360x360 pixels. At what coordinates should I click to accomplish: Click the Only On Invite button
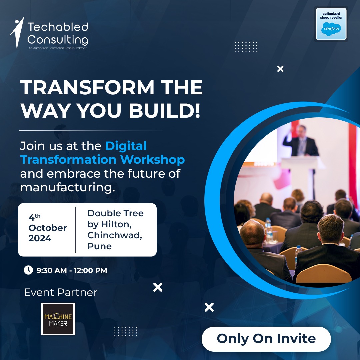tap(266, 339)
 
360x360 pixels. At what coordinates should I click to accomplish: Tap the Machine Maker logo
tap(58, 319)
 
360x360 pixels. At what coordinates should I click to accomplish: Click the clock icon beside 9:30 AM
tap(28, 270)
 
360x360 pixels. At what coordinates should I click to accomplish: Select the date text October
tap(48, 228)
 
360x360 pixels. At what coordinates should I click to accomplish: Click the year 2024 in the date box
tap(40, 238)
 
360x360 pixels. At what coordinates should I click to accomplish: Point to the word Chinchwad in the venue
tap(115, 235)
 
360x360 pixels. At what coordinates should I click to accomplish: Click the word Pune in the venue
tap(99, 246)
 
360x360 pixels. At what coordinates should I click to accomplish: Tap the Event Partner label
tap(61, 292)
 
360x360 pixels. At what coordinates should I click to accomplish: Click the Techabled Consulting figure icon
tap(17, 32)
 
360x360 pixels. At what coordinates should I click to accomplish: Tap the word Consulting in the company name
tap(57, 40)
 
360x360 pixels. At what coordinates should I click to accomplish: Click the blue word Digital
tap(126, 146)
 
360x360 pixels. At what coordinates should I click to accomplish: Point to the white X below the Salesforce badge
tap(280, 69)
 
